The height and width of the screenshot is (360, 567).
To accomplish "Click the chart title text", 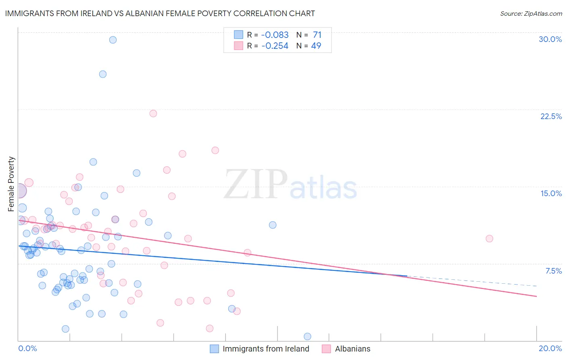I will tap(160, 13).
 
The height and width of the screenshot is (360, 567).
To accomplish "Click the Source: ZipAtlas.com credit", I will tap(531, 13).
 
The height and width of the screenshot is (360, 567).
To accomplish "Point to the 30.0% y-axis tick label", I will tap(550, 39).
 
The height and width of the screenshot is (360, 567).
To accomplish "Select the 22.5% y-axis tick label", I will tap(551, 116).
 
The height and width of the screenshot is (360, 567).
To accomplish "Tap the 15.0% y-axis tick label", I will tap(551, 193).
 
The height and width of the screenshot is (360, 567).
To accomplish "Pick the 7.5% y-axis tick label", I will tap(553, 271).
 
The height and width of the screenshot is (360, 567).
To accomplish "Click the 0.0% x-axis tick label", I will tap(27, 348).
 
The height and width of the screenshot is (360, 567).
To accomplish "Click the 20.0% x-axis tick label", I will tap(550, 348).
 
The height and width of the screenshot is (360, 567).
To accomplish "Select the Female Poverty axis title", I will tap(11, 184).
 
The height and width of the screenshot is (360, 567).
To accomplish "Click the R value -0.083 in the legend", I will tap(275, 35).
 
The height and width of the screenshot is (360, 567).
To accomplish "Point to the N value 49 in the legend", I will tap(316, 46).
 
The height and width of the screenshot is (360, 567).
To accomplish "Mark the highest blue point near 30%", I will tap(113, 40).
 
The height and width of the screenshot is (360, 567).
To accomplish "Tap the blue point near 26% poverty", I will tap(103, 74).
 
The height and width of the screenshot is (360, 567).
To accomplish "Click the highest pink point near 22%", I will tap(153, 113).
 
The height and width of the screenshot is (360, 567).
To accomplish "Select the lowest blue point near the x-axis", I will tap(307, 337).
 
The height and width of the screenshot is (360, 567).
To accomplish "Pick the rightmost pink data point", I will tap(490, 239).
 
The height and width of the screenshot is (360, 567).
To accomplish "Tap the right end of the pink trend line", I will tap(536, 296).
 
